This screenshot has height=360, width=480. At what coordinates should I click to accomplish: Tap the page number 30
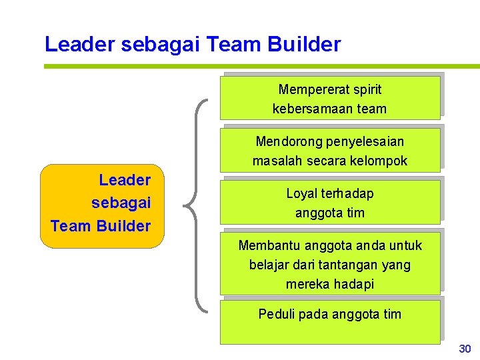(465, 349)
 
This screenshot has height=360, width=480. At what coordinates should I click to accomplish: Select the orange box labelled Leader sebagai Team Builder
(101, 206)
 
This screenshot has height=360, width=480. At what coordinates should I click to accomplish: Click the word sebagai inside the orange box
(121, 203)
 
